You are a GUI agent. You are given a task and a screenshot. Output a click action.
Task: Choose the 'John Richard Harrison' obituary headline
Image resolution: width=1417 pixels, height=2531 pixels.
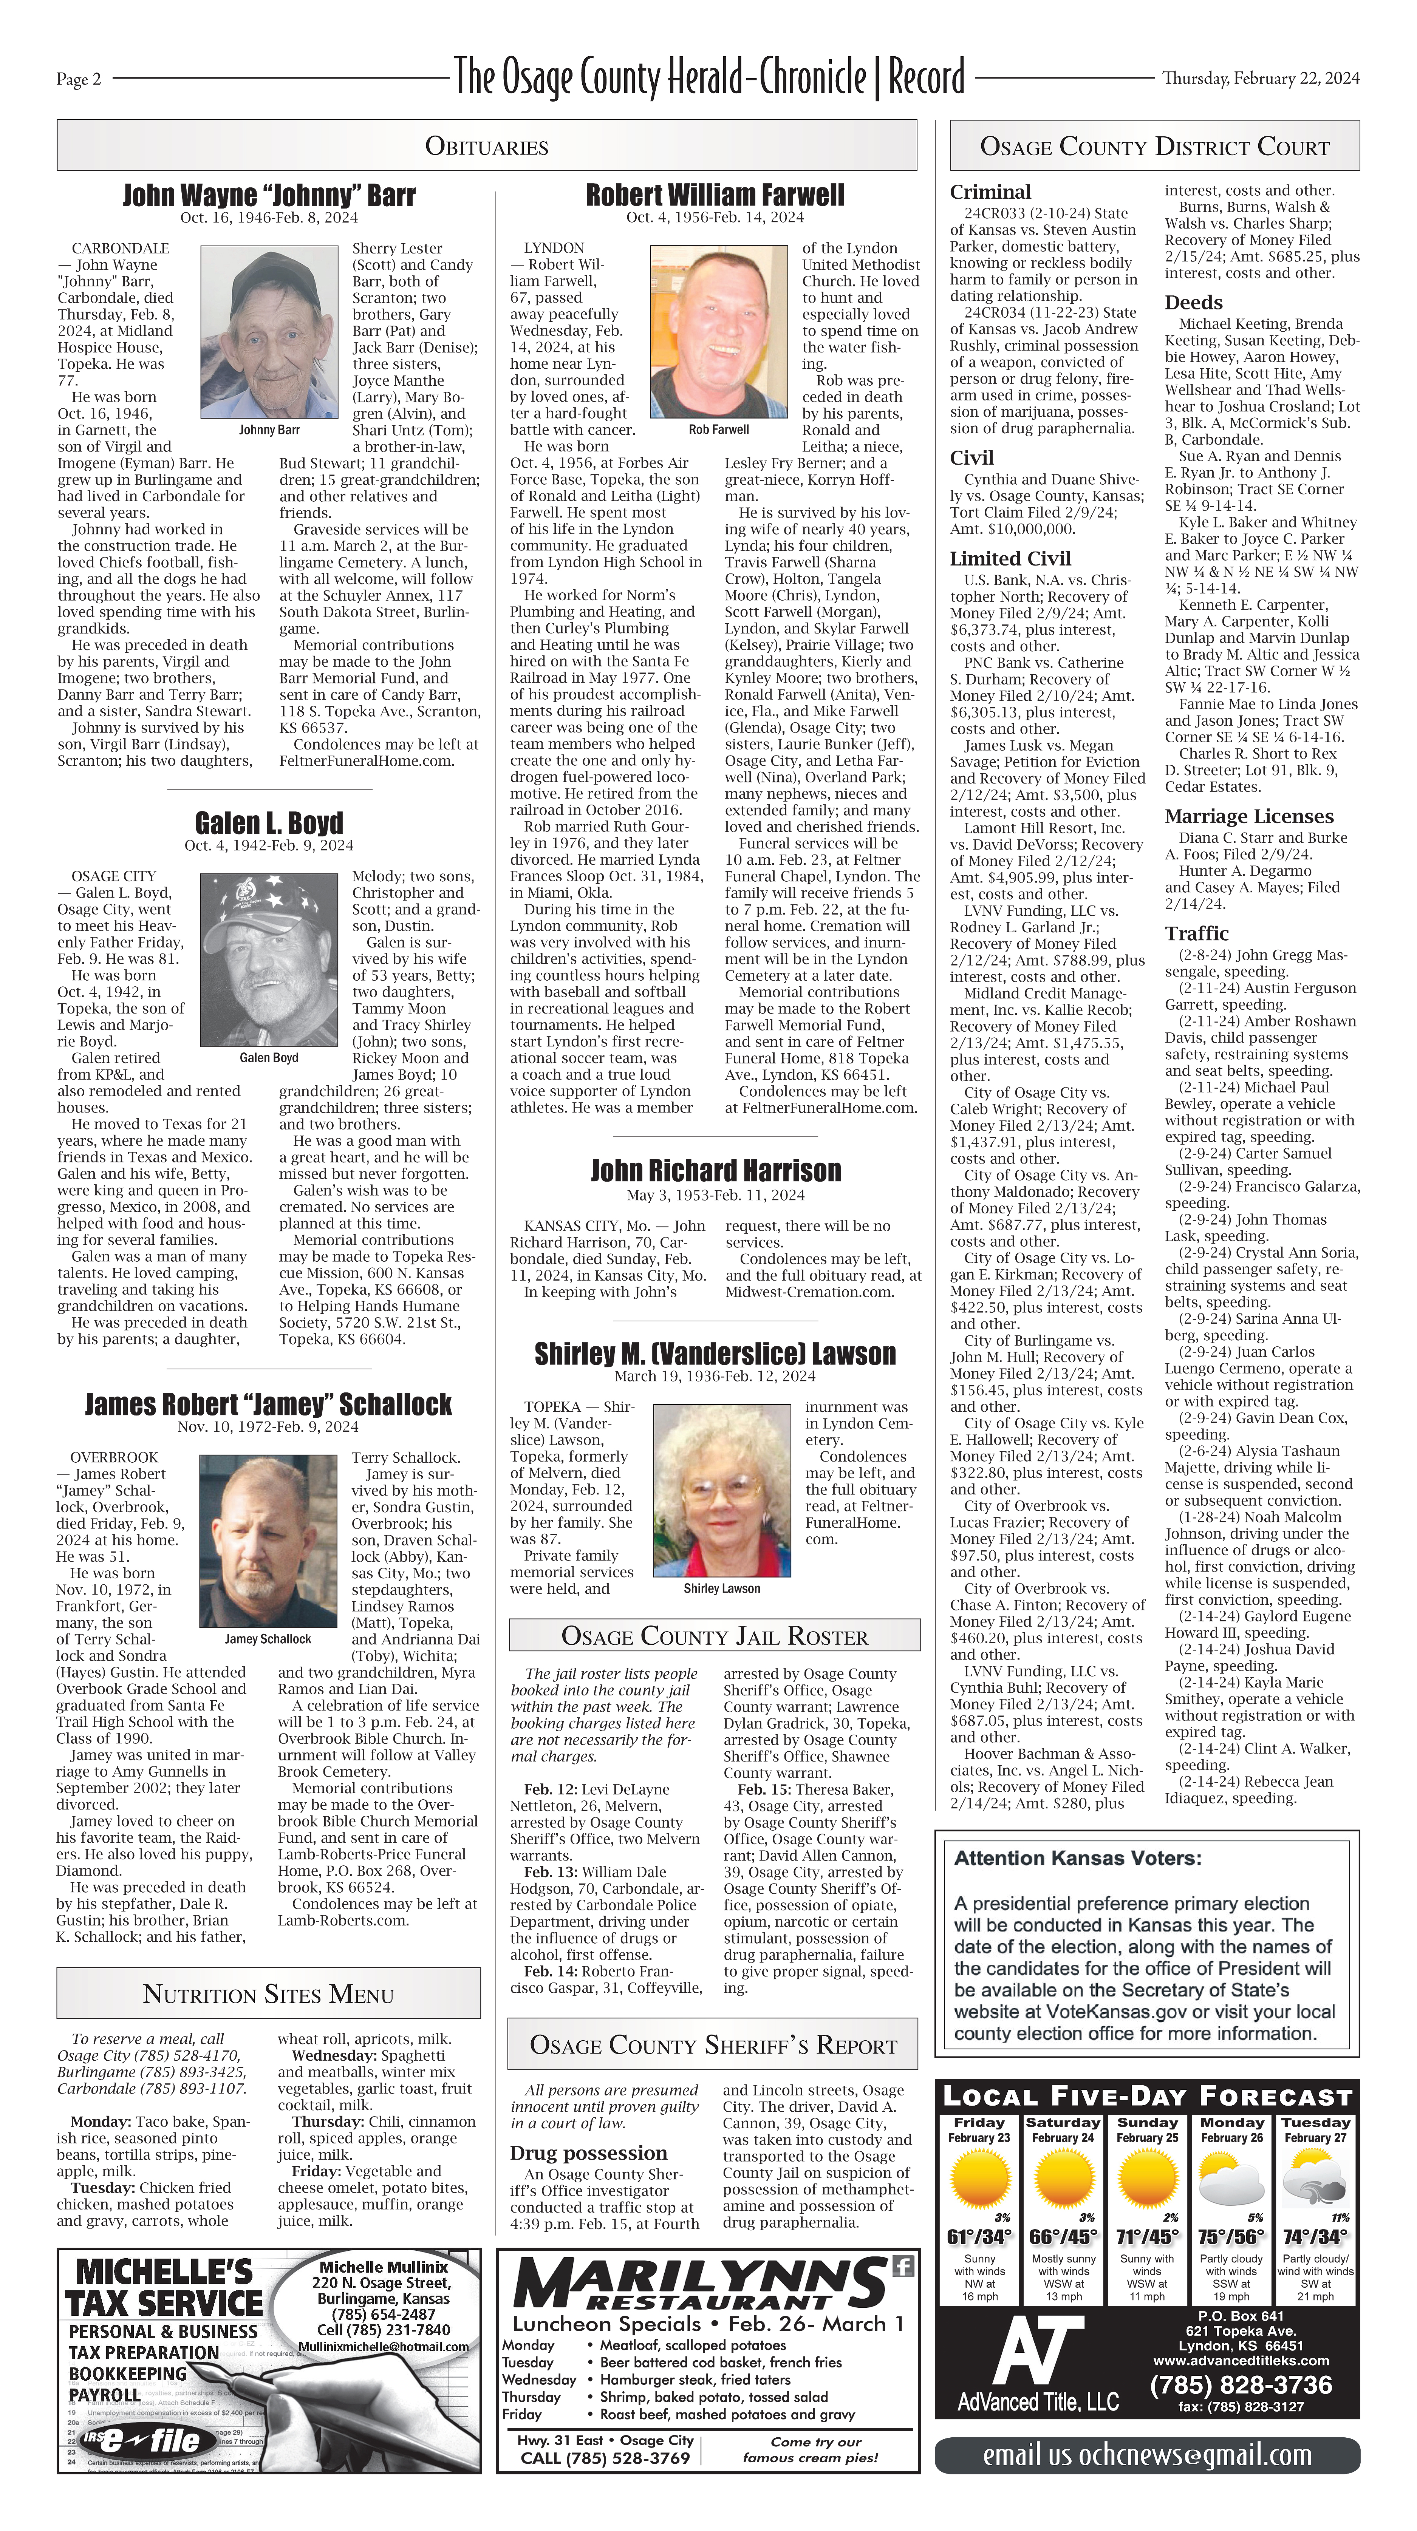(715, 1170)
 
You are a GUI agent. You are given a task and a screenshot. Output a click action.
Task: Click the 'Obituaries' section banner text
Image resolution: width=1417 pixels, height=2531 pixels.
(486, 147)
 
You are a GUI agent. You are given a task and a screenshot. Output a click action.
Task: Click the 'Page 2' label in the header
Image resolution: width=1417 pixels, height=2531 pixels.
(79, 80)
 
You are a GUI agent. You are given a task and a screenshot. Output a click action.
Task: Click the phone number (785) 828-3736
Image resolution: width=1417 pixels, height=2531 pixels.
(1240, 2384)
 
